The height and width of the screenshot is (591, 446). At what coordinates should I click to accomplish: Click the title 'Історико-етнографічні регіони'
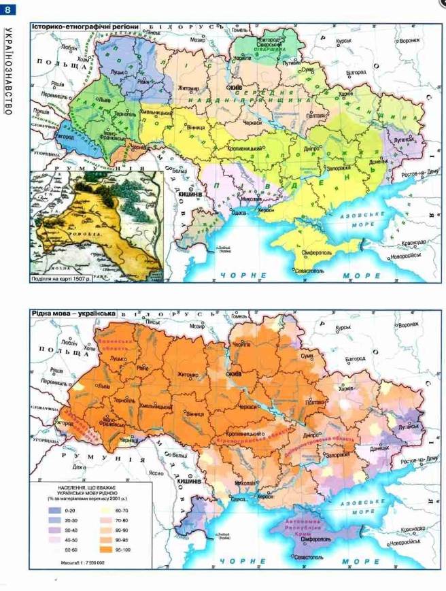[x=85, y=27]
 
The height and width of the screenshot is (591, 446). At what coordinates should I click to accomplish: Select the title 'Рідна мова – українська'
[x=73, y=313]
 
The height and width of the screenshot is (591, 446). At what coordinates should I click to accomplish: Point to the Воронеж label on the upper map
[x=409, y=41]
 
